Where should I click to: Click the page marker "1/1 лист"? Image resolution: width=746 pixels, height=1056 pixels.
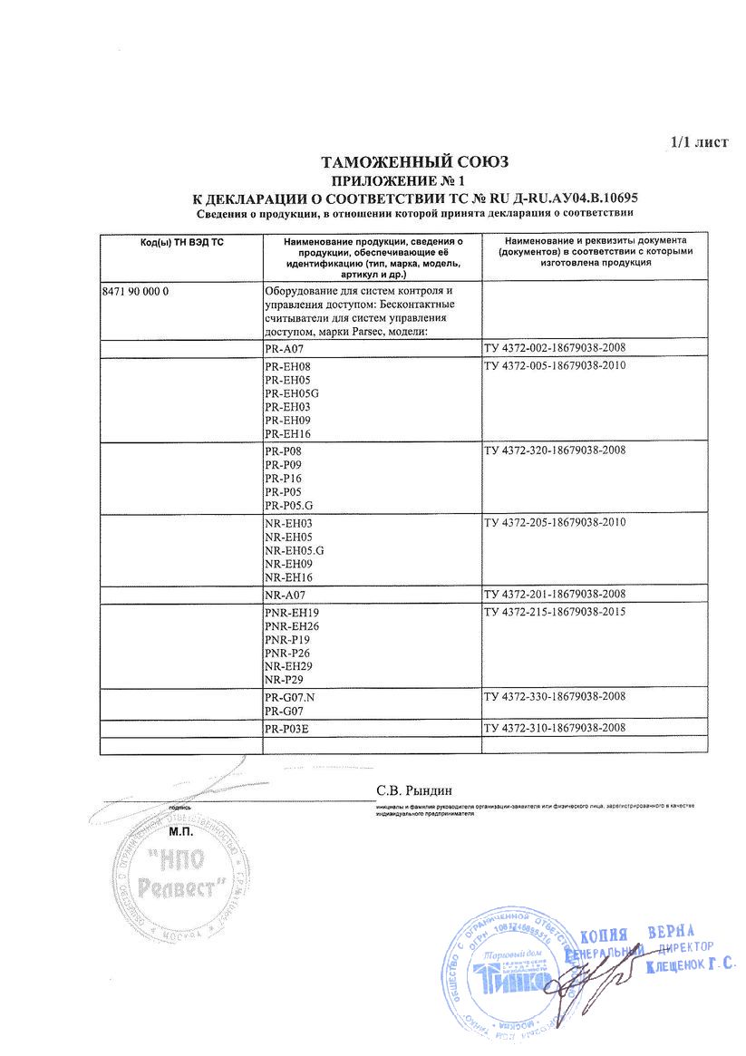click(x=699, y=143)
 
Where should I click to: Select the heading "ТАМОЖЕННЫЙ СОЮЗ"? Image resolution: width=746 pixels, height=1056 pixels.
click(x=416, y=162)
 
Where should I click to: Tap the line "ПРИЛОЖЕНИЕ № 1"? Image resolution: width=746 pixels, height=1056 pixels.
click(x=416, y=181)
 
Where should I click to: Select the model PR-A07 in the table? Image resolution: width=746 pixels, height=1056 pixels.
click(x=286, y=348)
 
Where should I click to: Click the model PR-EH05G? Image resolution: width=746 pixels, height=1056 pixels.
click(x=293, y=393)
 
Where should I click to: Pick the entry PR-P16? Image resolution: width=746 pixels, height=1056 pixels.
click(x=283, y=478)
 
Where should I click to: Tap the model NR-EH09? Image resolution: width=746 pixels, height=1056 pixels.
click(x=287, y=564)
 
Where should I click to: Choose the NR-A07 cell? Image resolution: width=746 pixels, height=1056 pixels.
click(x=286, y=595)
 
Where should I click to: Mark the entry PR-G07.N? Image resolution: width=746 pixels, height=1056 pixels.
click(x=289, y=697)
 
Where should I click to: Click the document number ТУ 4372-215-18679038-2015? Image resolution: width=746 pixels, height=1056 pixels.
click(x=555, y=612)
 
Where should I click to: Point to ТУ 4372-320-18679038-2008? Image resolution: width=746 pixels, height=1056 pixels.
click(x=555, y=450)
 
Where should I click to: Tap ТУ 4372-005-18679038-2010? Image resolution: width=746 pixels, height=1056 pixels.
click(x=555, y=366)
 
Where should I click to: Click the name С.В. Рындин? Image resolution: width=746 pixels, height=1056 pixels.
click(x=413, y=790)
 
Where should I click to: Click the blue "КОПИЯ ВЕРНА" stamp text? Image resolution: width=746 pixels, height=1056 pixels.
click(x=635, y=935)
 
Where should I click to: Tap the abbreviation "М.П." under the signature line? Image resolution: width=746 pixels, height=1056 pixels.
click(x=182, y=830)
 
